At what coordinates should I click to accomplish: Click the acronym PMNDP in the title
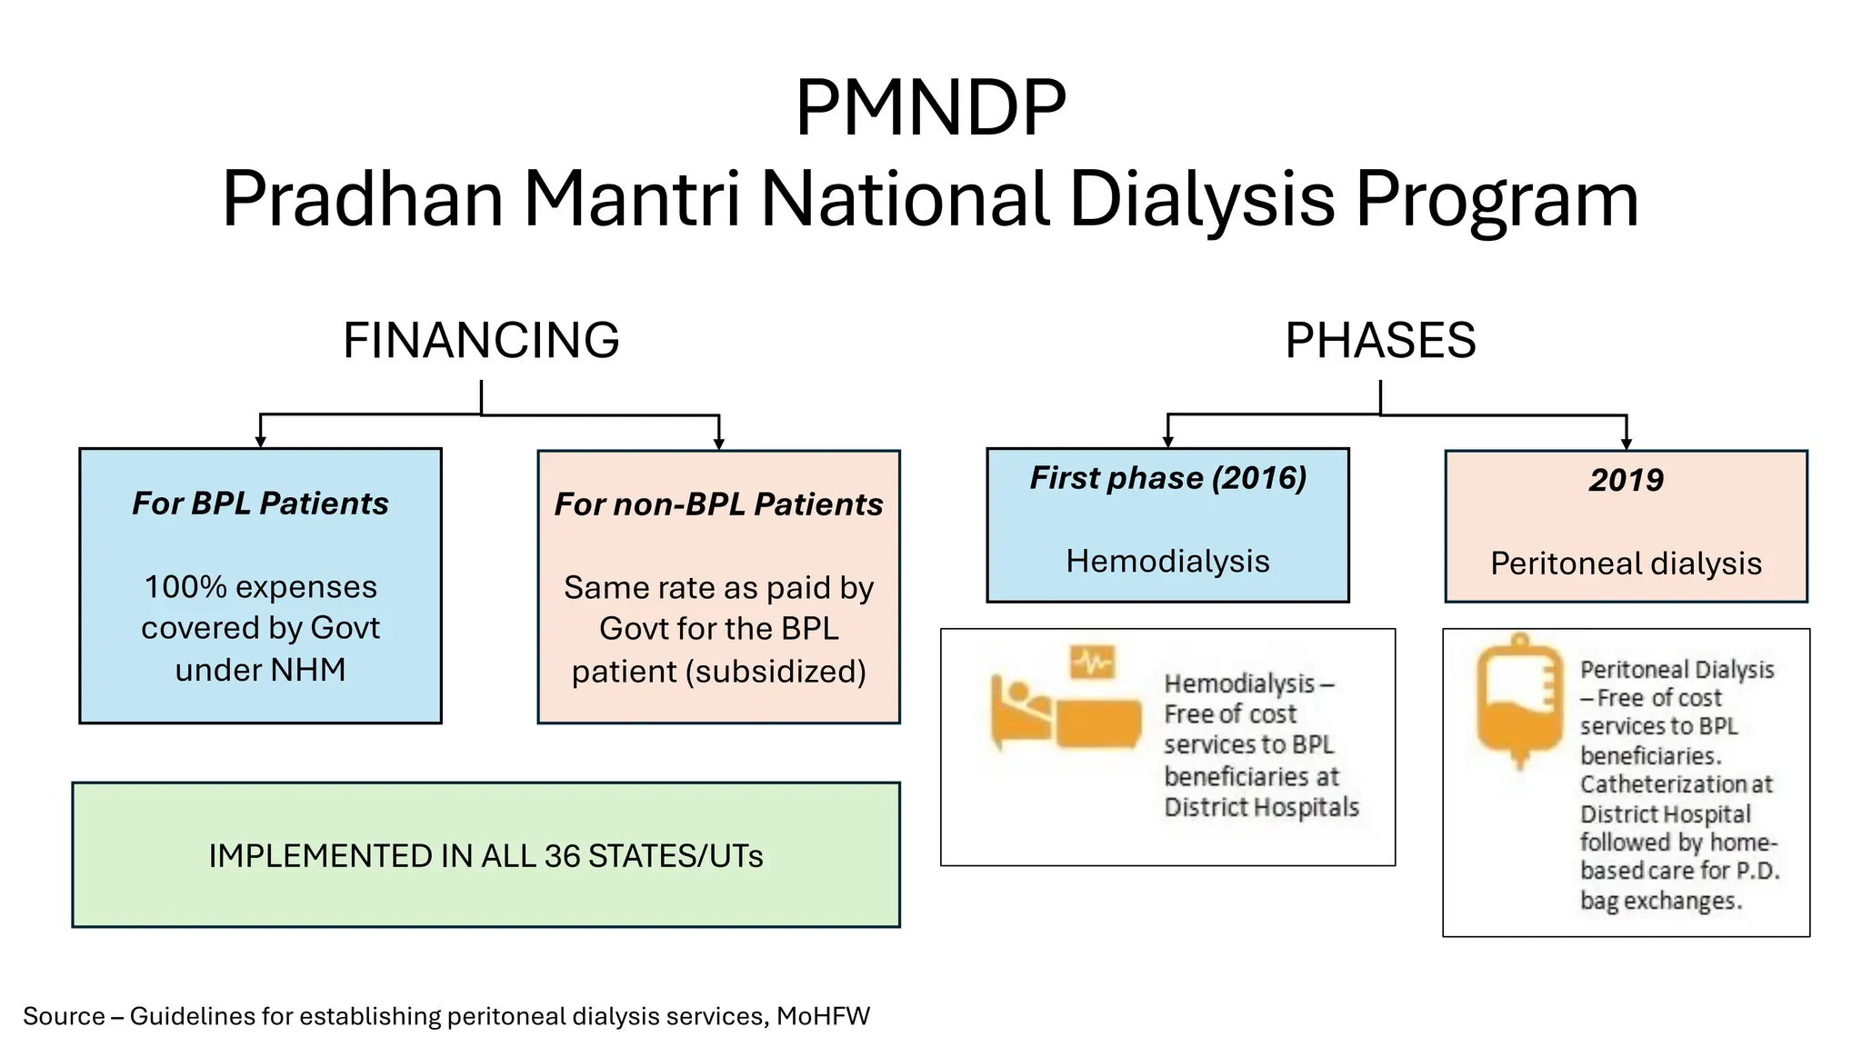(930, 108)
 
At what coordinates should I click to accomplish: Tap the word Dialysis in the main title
(1202, 199)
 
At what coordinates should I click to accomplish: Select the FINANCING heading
(481, 341)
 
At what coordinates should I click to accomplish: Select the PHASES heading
(1380, 341)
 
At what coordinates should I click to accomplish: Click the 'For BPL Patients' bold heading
(260, 504)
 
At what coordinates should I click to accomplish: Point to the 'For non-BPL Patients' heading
(718, 504)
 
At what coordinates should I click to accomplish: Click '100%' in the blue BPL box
(185, 587)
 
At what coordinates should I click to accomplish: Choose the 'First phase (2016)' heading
(1167, 478)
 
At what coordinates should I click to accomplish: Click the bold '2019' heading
(1626, 480)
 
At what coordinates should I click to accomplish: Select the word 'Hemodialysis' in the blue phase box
(1167, 562)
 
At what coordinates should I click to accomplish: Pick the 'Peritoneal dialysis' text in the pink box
(1626, 563)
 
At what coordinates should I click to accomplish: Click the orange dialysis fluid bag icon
(1519, 700)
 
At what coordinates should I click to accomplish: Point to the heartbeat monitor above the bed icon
(1092, 663)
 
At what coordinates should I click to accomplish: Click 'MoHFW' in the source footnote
(823, 1016)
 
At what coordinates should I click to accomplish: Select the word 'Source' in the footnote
(64, 1016)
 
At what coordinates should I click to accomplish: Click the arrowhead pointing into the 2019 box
(1626, 444)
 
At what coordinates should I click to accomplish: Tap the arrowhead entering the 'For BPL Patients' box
(260, 442)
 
